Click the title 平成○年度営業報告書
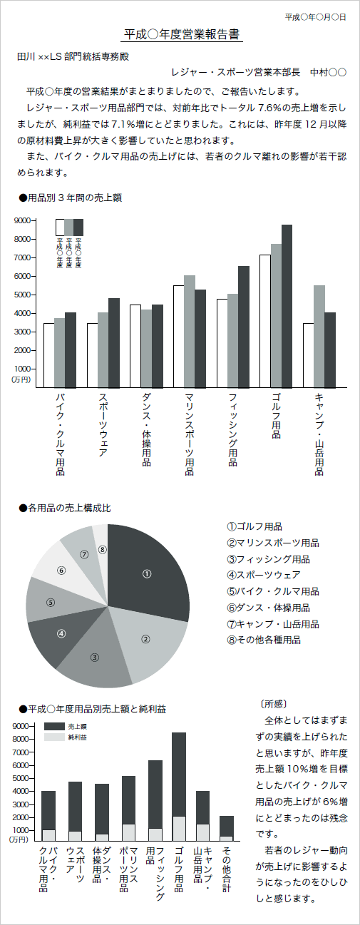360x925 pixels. click(182, 35)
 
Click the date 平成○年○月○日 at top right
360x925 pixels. click(315, 17)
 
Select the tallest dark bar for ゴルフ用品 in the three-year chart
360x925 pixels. click(287, 306)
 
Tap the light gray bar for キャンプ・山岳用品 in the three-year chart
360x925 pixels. click(319, 336)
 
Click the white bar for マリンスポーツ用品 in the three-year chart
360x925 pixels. click(178, 336)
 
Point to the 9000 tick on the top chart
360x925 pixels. click(22, 220)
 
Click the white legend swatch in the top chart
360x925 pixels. click(60, 227)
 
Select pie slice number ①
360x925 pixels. click(148, 573)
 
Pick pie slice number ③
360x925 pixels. click(95, 658)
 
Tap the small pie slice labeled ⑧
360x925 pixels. click(101, 549)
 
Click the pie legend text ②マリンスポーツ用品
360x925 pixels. click(273, 543)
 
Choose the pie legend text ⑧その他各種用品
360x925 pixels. click(264, 640)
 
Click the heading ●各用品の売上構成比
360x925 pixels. click(65, 508)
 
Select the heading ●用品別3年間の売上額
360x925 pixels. click(70, 198)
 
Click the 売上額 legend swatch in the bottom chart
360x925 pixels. click(54, 737)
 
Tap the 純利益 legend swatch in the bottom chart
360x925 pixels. click(54, 749)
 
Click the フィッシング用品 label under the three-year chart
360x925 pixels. click(233, 429)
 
